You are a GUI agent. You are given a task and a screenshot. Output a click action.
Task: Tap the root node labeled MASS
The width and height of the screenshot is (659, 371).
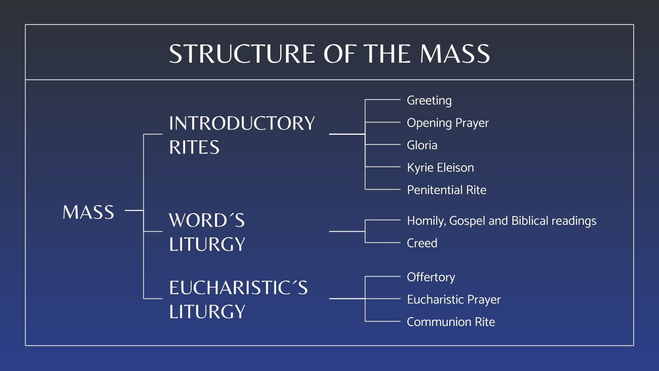88,213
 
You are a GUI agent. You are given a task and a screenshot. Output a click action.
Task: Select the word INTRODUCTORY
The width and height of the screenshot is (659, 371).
242,123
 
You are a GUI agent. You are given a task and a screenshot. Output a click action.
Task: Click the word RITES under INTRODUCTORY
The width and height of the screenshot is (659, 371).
194,148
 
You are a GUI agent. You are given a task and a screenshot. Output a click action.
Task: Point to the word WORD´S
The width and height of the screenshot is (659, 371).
207,221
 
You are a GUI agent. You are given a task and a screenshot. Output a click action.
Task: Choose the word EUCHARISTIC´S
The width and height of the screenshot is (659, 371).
238,288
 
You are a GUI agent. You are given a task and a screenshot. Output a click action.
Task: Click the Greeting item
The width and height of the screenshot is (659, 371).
429,101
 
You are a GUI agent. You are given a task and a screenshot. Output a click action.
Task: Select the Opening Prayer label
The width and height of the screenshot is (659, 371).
447,123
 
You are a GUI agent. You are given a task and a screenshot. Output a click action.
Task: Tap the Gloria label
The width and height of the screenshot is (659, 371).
422,145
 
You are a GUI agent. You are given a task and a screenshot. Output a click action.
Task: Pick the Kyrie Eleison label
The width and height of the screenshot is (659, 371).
440,167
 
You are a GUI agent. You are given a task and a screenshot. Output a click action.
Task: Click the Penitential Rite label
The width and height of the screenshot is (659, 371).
446,190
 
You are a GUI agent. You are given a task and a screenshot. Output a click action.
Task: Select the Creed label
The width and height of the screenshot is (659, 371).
422,243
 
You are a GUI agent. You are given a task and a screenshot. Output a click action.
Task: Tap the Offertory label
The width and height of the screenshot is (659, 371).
431,277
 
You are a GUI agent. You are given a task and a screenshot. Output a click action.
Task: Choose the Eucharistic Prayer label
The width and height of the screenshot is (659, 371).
453,300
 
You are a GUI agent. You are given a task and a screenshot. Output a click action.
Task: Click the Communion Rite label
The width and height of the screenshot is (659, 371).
451,322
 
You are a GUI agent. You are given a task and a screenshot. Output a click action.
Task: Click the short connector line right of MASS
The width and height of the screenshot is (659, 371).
134,210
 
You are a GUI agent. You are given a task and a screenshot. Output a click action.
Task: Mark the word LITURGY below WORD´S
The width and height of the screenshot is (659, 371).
207,244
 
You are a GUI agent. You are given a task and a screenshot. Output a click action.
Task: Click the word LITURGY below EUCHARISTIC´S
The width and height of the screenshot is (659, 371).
207,312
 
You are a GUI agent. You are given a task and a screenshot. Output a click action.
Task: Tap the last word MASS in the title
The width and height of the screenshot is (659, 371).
455,54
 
